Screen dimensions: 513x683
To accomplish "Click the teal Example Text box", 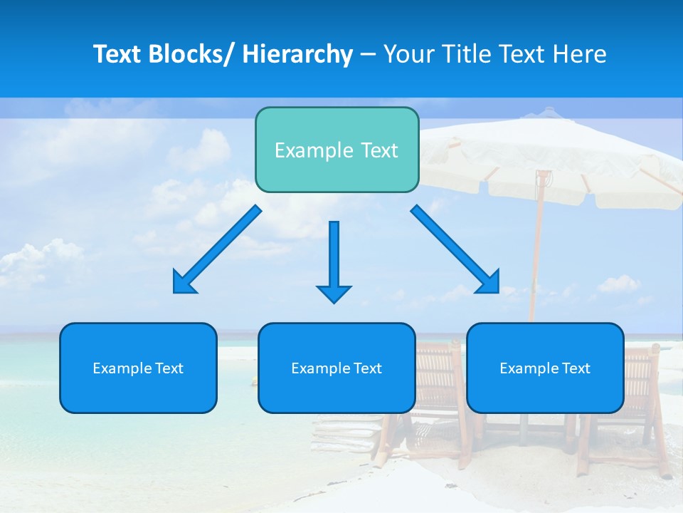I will click(x=337, y=150).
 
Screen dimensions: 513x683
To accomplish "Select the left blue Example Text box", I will click(x=138, y=368).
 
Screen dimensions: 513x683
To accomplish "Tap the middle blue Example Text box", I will click(x=337, y=368).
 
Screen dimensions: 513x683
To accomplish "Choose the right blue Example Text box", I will click(x=545, y=368).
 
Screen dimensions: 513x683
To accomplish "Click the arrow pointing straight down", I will click(x=334, y=260).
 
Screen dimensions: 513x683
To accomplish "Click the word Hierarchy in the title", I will click(x=297, y=54).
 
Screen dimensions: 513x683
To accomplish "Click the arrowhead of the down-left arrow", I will click(x=184, y=282).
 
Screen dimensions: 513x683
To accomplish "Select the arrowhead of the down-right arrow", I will click(x=489, y=282).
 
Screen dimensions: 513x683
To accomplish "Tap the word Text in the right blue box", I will click(x=576, y=368).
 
